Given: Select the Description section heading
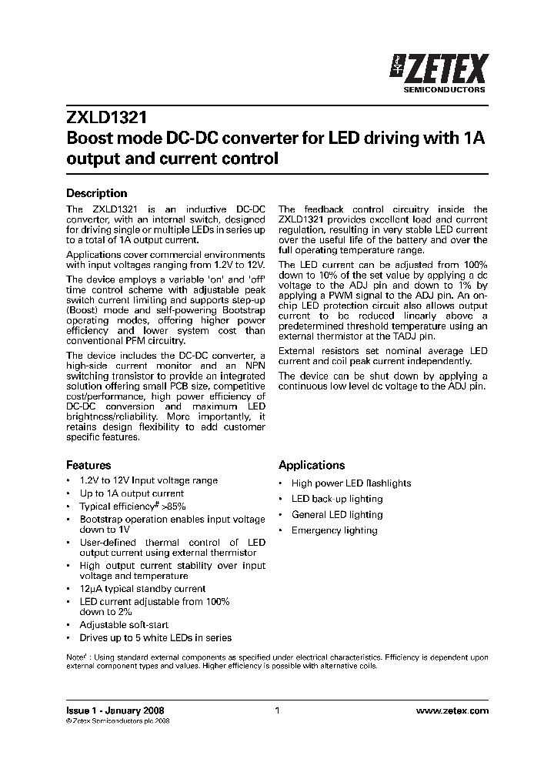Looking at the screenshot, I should click(96, 193).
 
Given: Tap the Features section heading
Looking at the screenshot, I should click(88, 465).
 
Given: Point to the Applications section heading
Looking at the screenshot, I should click(312, 465).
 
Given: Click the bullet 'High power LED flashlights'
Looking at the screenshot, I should click(351, 483).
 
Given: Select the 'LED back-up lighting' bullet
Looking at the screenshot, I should click(336, 499).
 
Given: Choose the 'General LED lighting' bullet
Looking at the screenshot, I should click(336, 515).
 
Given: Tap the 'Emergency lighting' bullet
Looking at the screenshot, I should click(334, 530).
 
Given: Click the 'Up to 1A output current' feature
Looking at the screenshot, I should click(132, 493).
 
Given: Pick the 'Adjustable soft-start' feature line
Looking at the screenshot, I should click(124, 625).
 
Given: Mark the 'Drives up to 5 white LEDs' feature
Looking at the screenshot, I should click(155, 638).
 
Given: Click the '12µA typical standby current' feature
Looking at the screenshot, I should click(142, 589).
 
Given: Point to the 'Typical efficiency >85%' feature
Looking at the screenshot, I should click(132, 507).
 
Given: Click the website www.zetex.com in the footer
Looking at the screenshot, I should click(452, 711).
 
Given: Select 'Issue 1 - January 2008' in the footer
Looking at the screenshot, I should click(115, 711).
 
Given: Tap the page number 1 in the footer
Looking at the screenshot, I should click(277, 711).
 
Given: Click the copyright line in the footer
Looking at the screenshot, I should click(118, 721).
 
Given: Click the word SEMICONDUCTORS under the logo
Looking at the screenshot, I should click(445, 90).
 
